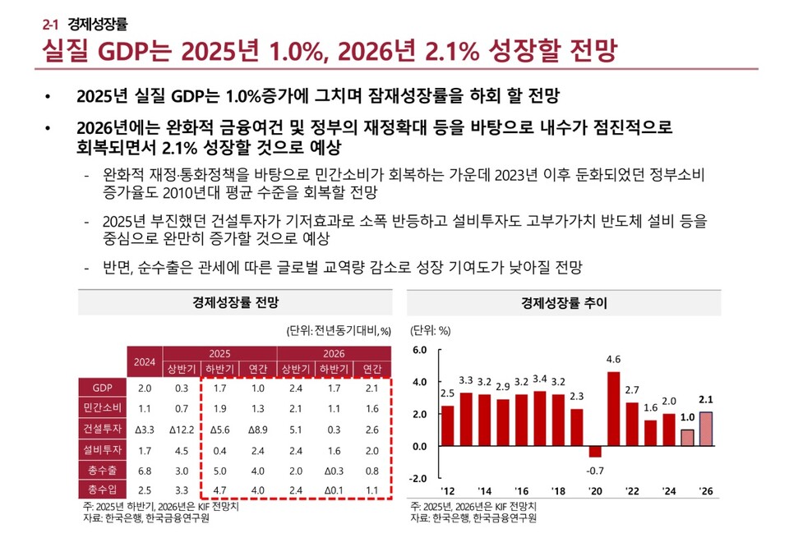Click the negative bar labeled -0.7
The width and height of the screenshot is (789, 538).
(595, 452)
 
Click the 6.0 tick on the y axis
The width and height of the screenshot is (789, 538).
(419, 350)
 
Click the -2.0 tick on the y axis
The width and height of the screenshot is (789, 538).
(419, 478)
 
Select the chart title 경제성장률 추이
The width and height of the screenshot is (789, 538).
(564, 302)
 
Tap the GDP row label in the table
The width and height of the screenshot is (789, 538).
(102, 388)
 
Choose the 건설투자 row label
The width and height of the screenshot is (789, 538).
(102, 429)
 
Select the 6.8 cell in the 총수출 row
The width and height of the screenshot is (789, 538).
(145, 470)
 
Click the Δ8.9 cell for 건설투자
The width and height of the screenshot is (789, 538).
(257, 429)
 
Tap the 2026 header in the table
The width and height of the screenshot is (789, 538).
(334, 352)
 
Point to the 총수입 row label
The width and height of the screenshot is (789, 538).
(102, 490)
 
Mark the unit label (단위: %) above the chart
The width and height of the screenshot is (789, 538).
(431, 331)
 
